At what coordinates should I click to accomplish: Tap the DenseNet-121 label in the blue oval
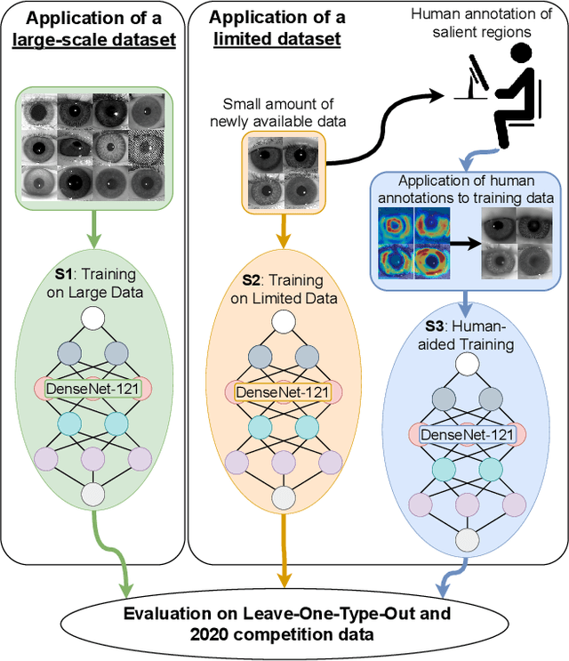[x=466, y=435]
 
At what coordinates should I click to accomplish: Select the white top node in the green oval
[x=93, y=318]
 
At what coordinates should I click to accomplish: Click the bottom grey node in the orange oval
[x=284, y=498]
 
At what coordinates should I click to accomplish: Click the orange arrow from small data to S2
[x=284, y=238]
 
